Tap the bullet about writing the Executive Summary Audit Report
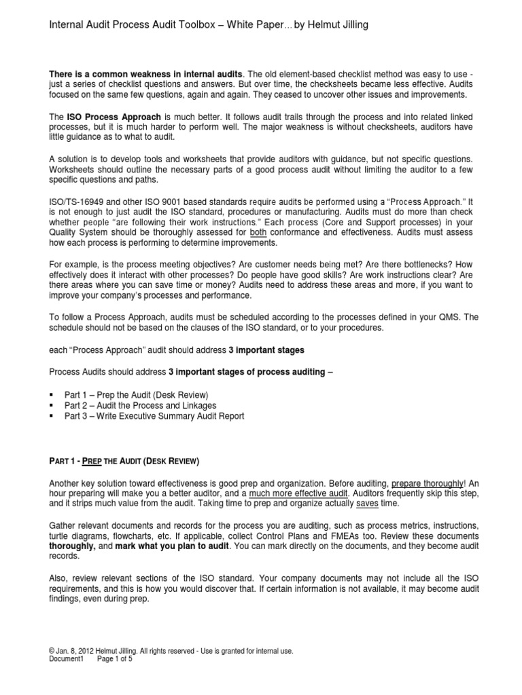[154, 416]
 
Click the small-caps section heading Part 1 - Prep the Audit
[124, 462]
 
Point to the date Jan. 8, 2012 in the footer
[76, 650]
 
